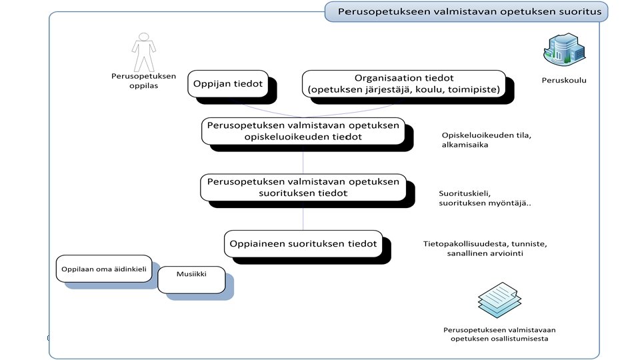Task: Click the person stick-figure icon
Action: point(143,52)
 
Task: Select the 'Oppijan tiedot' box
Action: point(227,84)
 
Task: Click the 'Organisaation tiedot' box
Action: point(405,84)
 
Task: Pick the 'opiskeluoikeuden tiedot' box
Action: point(303,131)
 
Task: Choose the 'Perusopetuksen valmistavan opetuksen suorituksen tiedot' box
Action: point(303,187)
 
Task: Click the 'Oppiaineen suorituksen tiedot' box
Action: point(303,243)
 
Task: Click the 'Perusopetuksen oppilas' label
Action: point(143,81)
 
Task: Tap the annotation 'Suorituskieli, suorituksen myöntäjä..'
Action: point(484,198)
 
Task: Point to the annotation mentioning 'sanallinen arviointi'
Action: point(485,249)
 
